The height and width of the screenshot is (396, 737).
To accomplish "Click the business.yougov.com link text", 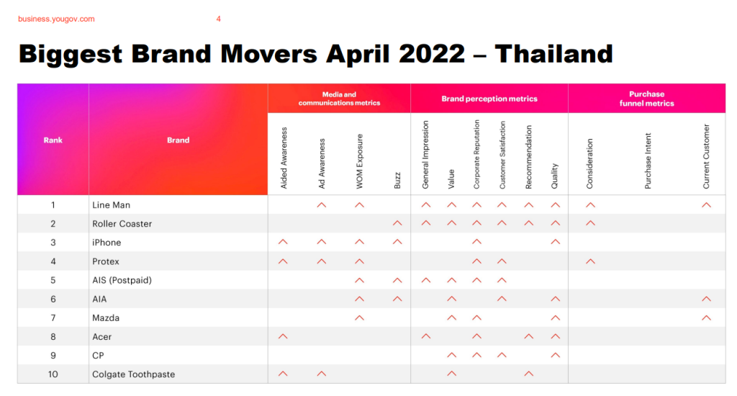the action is pyautogui.click(x=56, y=19).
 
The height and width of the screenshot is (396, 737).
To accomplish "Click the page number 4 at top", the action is pyautogui.click(x=219, y=19).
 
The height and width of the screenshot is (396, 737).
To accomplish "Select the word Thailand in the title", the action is pyautogui.click(x=553, y=53).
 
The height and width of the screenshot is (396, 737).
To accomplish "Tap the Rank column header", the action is pyautogui.click(x=53, y=140).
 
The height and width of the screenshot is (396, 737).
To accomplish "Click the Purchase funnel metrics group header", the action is pyautogui.click(x=647, y=99).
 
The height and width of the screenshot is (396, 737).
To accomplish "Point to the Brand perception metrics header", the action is pyautogui.click(x=489, y=99).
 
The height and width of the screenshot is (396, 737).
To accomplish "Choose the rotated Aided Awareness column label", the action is pyautogui.click(x=284, y=158).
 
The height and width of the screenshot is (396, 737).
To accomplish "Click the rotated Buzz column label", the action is pyautogui.click(x=397, y=181).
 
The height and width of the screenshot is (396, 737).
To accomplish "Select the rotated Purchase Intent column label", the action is pyautogui.click(x=648, y=161).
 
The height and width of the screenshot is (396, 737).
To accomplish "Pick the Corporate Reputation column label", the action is pyautogui.click(x=476, y=154).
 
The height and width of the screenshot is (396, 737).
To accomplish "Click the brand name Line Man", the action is pyautogui.click(x=112, y=205).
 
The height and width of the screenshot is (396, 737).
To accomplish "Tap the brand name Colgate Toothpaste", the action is pyautogui.click(x=133, y=374).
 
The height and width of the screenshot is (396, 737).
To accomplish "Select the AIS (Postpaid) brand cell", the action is pyautogui.click(x=122, y=280).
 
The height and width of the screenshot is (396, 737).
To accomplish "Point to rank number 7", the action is pyautogui.click(x=53, y=318).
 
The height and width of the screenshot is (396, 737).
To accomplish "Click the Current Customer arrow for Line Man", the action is pyautogui.click(x=707, y=204).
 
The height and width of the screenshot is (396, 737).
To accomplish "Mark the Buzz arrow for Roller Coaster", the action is pyautogui.click(x=397, y=223).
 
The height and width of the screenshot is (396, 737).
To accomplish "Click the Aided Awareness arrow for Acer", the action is pyautogui.click(x=283, y=336).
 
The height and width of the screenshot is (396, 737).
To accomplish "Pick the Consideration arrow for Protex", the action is pyautogui.click(x=590, y=261).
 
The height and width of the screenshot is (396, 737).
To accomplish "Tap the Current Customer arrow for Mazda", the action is pyautogui.click(x=707, y=318).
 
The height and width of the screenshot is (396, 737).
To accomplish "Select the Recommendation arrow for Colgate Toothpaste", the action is pyautogui.click(x=529, y=374).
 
